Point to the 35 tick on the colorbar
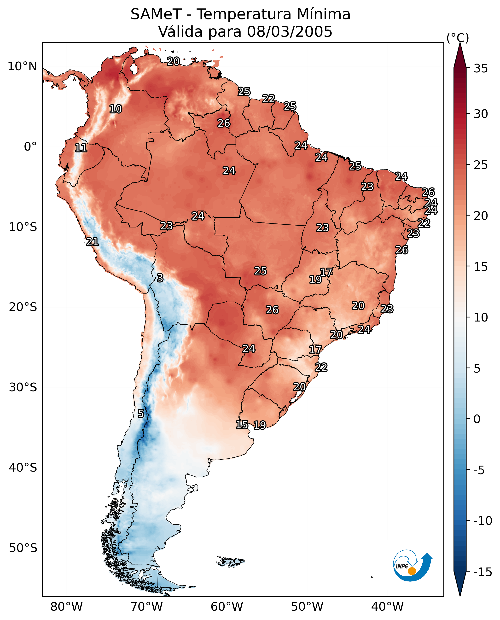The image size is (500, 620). tap(481, 69)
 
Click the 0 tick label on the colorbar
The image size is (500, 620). tap(477, 419)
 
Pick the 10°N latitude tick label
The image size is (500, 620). tap(22, 67)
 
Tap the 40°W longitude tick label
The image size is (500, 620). tap(387, 607)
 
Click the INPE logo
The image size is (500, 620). tap(412, 566)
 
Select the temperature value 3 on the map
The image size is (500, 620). tap(160, 278)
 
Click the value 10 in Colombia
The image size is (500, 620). tap(116, 109)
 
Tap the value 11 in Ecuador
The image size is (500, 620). tap(81, 148)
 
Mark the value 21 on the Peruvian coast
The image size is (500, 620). tap(93, 242)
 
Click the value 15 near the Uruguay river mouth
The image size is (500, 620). tap(242, 425)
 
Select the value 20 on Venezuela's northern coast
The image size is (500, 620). tap(173, 61)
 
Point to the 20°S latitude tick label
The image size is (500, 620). tap(23, 307)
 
